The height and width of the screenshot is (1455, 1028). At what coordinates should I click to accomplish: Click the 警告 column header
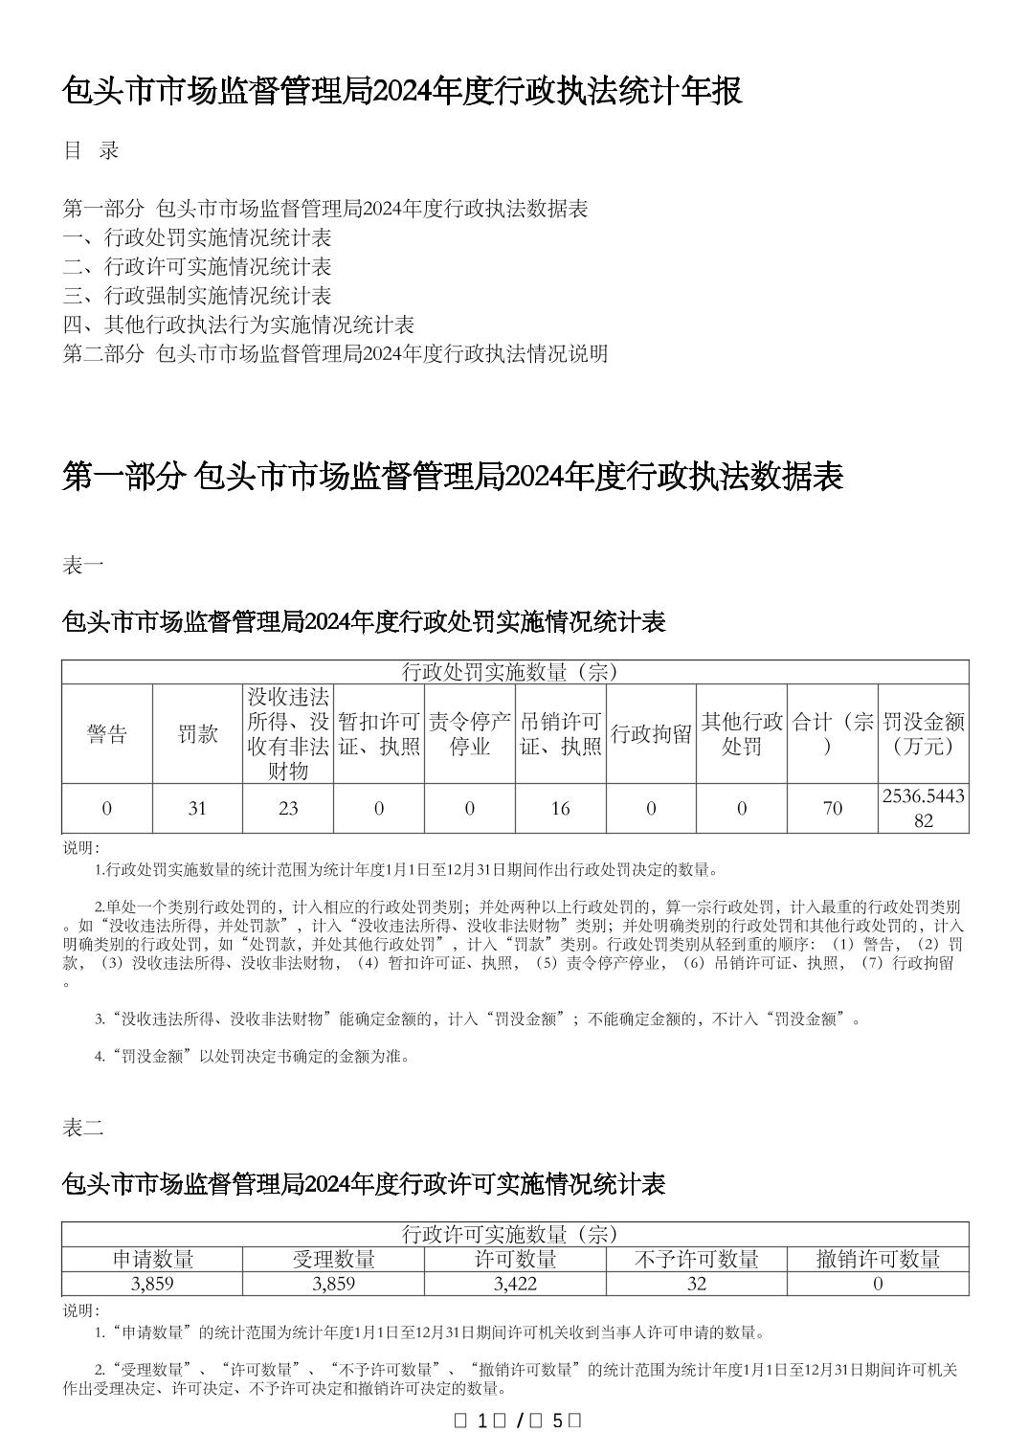(x=106, y=734)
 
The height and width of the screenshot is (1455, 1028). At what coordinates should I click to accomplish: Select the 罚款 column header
(x=197, y=734)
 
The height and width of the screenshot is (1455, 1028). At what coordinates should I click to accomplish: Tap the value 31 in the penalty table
(x=197, y=809)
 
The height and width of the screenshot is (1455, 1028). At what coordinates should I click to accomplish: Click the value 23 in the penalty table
(x=288, y=809)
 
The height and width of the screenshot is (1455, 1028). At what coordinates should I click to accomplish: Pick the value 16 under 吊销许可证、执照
(x=561, y=809)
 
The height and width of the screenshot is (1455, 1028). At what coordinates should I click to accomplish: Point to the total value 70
(x=833, y=809)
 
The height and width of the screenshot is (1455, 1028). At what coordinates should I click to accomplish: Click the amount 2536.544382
(x=924, y=808)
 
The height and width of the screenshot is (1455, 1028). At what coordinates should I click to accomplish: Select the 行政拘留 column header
(x=652, y=734)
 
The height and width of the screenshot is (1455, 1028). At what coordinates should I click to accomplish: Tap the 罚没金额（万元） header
(x=924, y=734)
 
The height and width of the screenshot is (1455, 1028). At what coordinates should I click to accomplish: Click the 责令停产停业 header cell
(x=470, y=734)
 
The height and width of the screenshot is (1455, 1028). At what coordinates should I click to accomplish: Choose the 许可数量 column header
(x=515, y=1260)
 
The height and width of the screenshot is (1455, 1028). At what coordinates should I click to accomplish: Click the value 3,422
(x=515, y=1284)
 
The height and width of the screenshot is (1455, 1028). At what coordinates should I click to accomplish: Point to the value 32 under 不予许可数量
(x=697, y=1284)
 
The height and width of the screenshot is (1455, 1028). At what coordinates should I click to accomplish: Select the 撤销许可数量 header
(x=878, y=1260)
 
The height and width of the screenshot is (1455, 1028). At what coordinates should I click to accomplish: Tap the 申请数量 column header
(x=152, y=1260)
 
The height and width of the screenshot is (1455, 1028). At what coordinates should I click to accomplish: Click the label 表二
(x=83, y=1128)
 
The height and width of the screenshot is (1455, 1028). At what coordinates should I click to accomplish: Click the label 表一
(x=83, y=566)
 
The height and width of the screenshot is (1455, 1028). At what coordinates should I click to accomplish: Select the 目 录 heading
(x=91, y=150)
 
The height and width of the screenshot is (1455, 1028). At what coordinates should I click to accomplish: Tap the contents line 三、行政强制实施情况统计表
(x=197, y=296)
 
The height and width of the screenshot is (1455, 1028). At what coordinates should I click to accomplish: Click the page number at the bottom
(x=516, y=1421)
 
